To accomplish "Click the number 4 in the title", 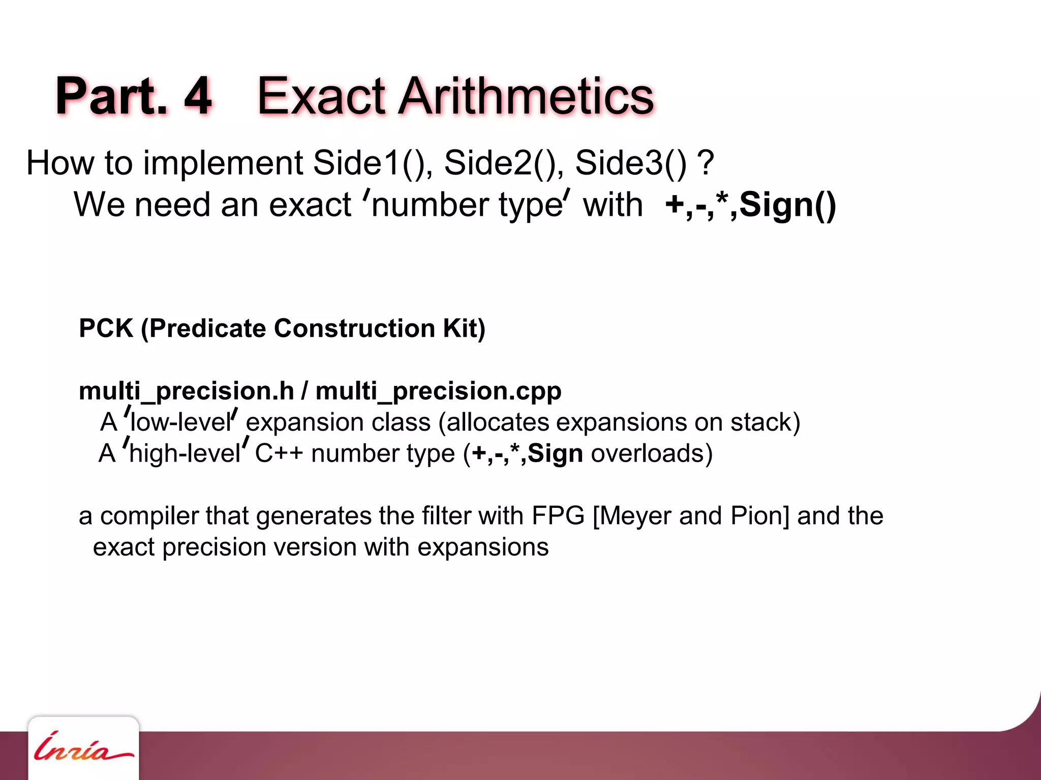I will point(198,96).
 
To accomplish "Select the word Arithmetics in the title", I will point(526,96).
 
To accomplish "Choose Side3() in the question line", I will point(631,163).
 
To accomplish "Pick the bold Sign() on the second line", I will point(787,205).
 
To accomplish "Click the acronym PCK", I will point(106,329).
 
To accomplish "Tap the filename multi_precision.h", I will point(187,392).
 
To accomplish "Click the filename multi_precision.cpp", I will point(438,392).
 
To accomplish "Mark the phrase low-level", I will point(181,422).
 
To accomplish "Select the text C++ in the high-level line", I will point(279,453).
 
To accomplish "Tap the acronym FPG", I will point(558,516).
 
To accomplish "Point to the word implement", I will point(223,163).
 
